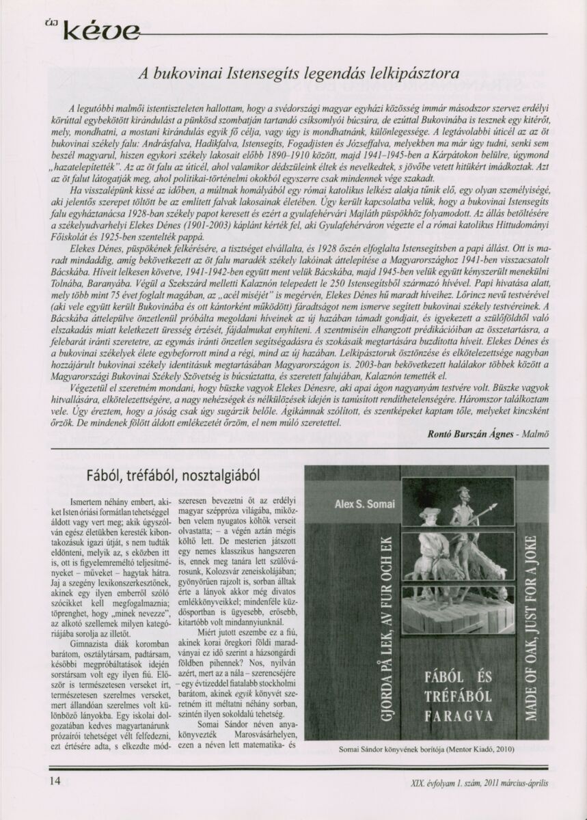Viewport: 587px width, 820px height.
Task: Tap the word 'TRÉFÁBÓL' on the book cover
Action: pos(448,696)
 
